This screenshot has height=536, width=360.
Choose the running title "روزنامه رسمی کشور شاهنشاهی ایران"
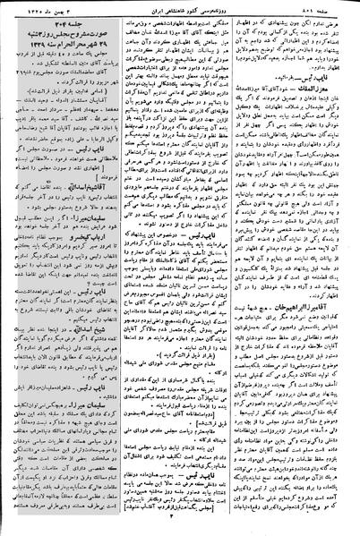click(x=184, y=9)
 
